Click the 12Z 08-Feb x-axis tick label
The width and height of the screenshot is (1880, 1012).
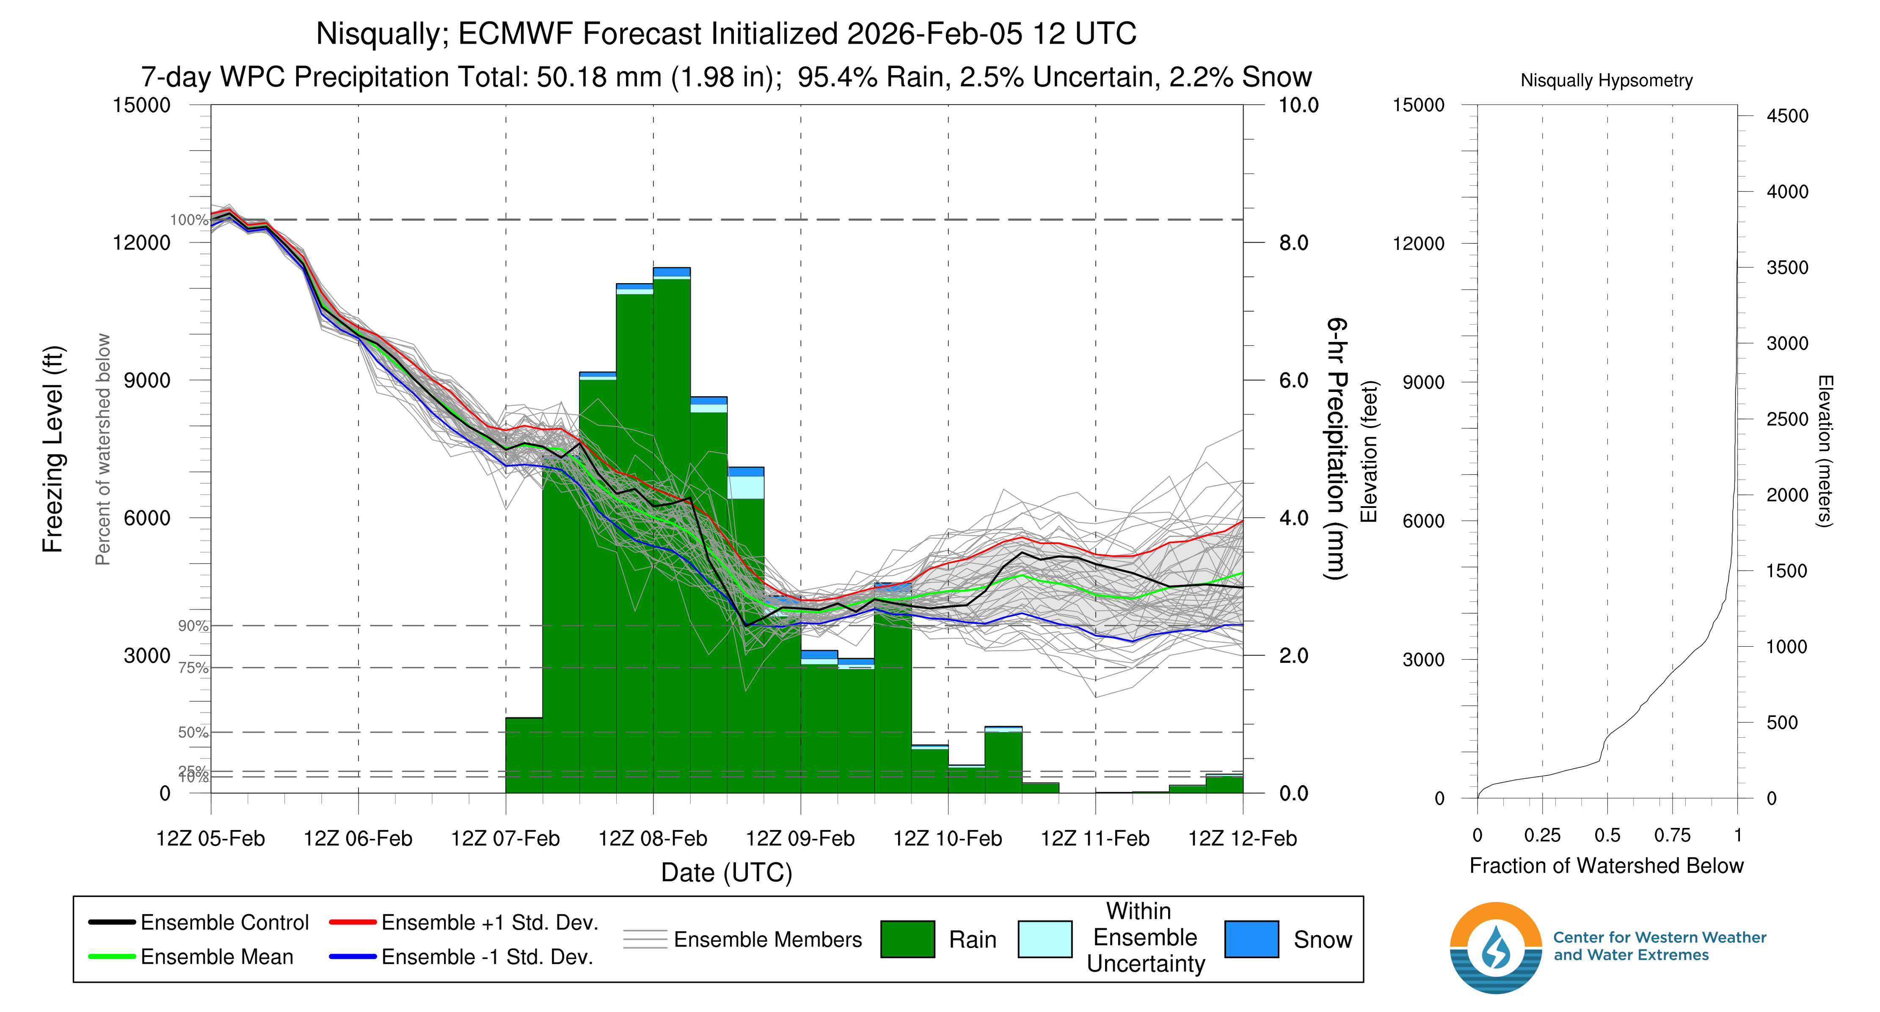653,838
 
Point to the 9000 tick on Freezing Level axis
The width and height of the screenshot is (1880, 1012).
147,380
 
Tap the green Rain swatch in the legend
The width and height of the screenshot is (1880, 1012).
907,939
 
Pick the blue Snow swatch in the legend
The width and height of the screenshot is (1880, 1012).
1251,939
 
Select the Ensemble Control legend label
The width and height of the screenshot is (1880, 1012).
225,922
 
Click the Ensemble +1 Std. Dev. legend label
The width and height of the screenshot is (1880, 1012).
490,922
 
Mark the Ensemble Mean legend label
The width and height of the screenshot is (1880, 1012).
217,957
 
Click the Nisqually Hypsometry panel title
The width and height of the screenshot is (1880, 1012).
1606,80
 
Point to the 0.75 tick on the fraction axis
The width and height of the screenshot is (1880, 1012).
1672,836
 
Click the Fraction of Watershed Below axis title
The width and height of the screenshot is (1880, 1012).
1606,866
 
